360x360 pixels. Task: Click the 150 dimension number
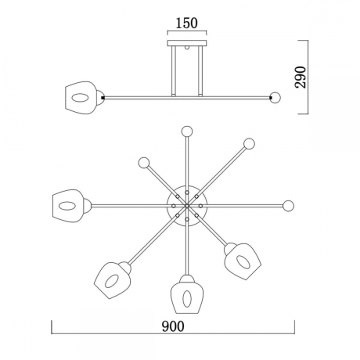[x=187, y=23]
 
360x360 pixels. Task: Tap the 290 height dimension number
[x=301, y=77]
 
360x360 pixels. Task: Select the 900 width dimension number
[x=173, y=326]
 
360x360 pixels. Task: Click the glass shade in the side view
[x=81, y=98]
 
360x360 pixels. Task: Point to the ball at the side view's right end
[x=275, y=98]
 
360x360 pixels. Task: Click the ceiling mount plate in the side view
[x=187, y=43]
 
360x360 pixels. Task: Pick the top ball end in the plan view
[x=187, y=131]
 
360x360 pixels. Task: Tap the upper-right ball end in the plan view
[x=249, y=143]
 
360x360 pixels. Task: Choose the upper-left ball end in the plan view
[x=144, y=163]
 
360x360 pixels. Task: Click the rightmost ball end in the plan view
[x=288, y=206]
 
